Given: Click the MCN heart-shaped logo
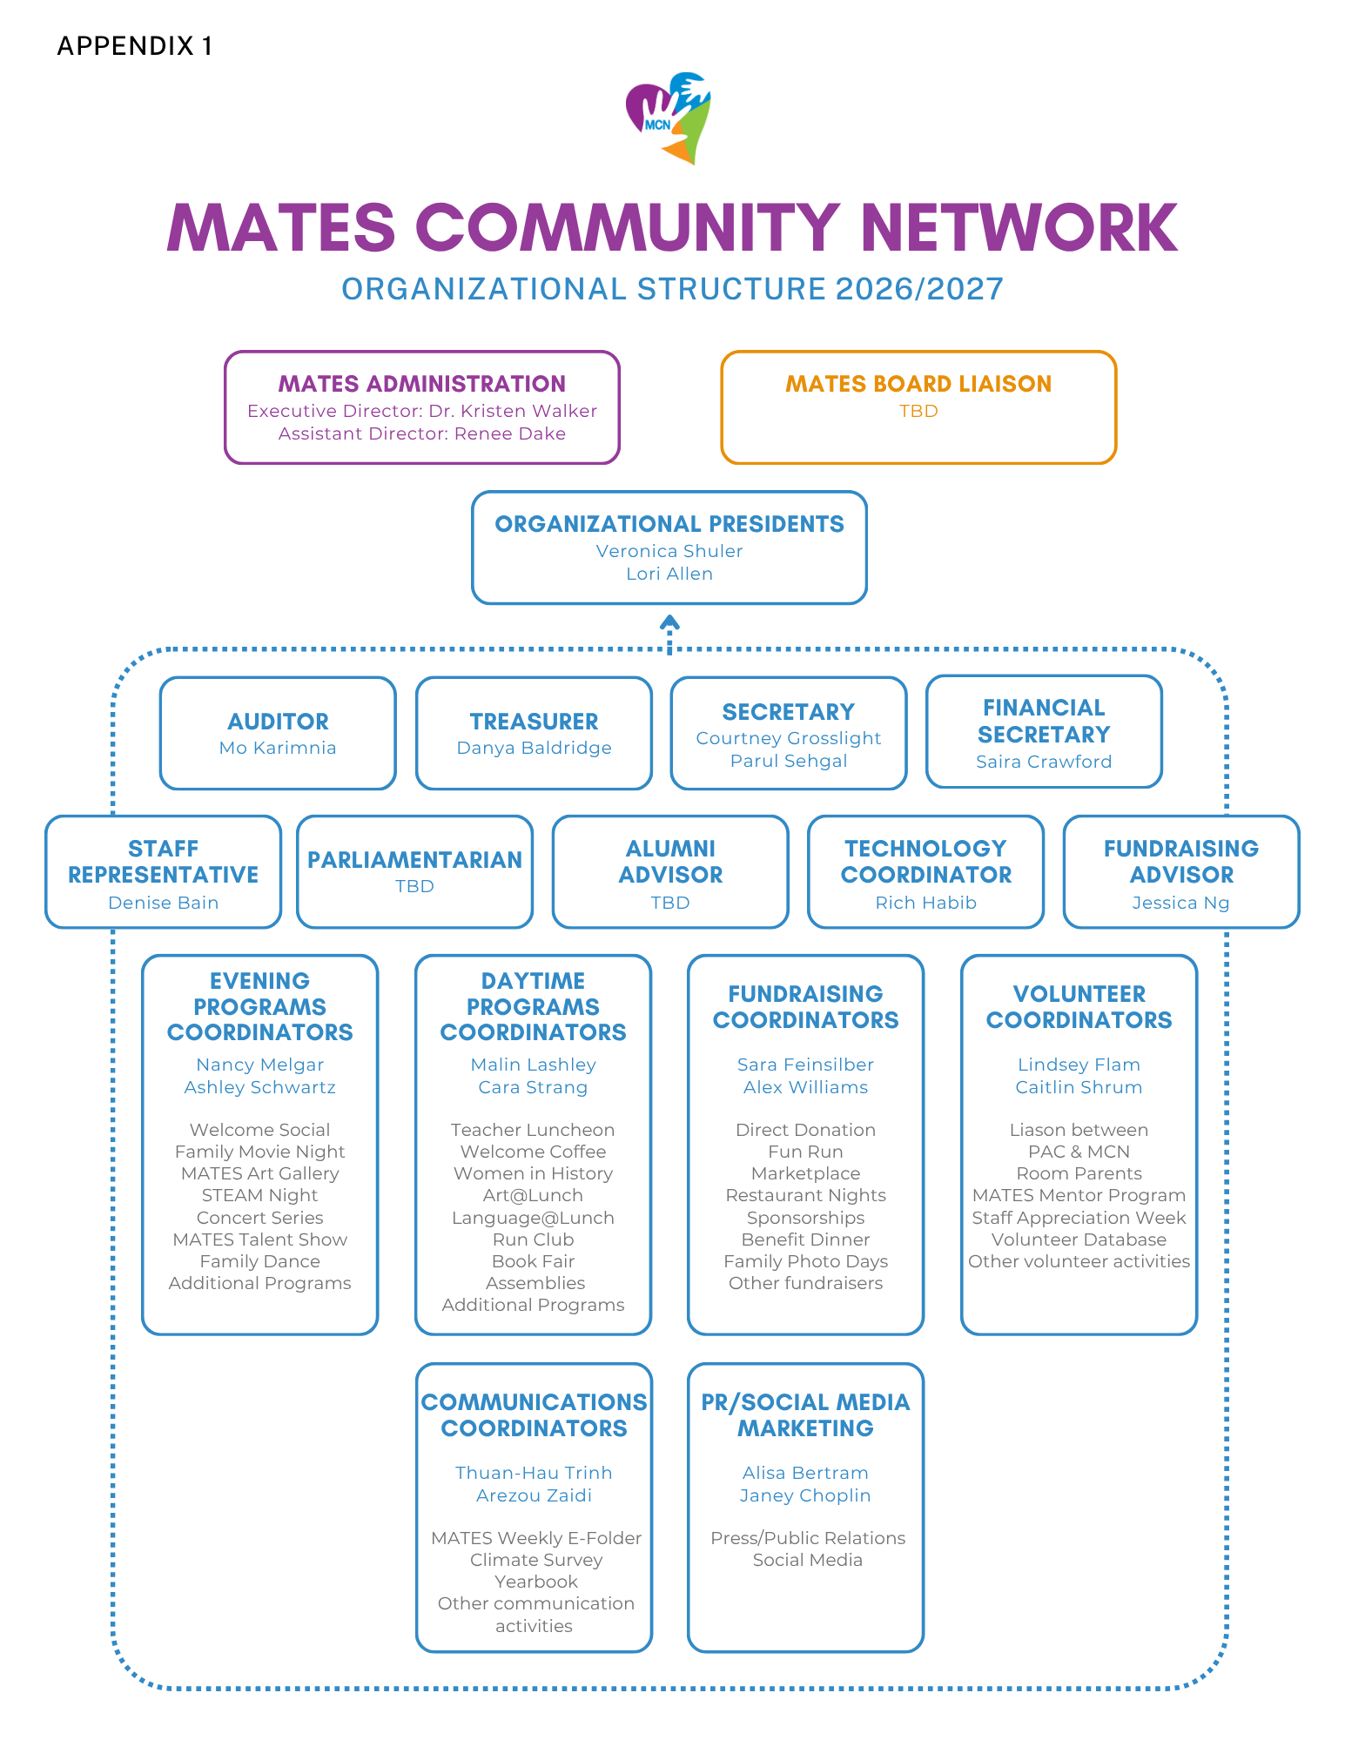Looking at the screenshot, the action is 669,118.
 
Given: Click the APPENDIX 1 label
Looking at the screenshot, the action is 135,46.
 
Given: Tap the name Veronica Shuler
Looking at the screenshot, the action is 669,551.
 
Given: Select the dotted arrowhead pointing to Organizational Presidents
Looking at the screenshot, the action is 669,622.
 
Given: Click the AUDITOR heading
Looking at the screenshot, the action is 278,722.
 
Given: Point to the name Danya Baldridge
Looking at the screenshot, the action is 534,748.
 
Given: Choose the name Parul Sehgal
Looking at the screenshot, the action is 789,761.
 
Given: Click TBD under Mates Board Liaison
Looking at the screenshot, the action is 918,411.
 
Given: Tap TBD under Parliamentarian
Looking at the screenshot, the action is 414,886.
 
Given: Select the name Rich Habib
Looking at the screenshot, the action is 925,903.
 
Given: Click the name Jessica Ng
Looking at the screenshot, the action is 1180,903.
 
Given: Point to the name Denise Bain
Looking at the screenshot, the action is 163,903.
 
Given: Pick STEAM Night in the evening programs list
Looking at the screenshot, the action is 259,1196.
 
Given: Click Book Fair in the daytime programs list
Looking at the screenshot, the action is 533,1261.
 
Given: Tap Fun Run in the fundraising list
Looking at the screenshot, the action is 805,1152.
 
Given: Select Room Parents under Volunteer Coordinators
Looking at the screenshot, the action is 1079,1173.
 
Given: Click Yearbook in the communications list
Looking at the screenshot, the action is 535,1582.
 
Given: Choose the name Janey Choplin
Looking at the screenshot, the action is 805,1495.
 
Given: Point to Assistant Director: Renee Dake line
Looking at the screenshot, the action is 422,433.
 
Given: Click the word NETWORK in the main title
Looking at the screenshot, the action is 1019,228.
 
